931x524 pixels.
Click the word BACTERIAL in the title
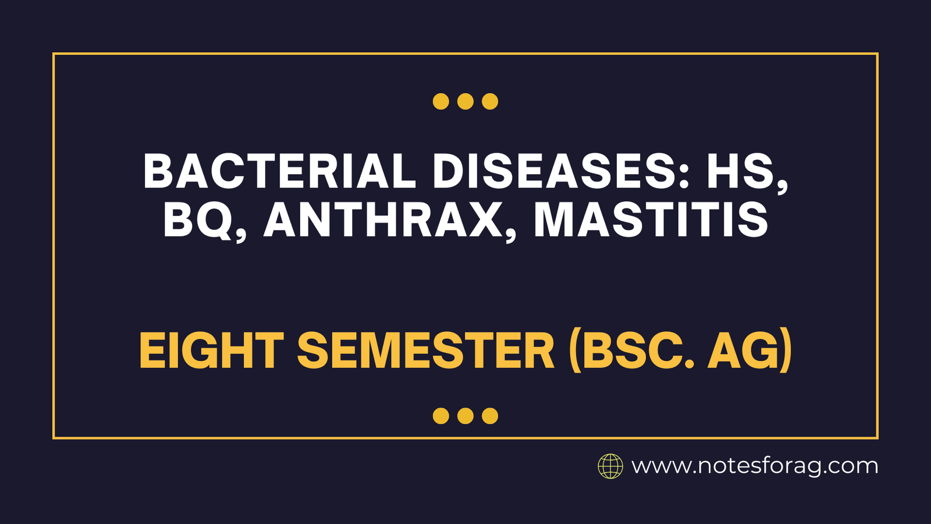(279, 171)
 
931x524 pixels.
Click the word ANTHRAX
(383, 220)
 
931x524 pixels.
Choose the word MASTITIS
(651, 220)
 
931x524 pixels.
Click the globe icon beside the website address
(610, 466)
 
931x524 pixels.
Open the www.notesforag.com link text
(755, 466)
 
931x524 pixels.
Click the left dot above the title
(441, 101)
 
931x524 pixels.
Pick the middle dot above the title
(465, 101)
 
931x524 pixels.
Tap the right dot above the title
(490, 101)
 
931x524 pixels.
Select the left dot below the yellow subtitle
(441, 416)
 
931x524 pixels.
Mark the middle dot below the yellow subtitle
(465, 416)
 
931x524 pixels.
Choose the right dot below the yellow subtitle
(490, 416)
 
